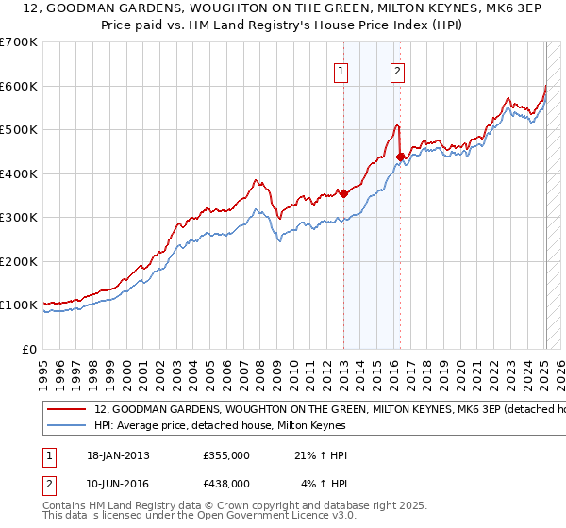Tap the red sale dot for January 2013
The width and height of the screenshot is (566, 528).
pyautogui.click(x=343, y=193)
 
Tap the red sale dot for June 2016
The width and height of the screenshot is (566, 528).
pyautogui.click(x=401, y=157)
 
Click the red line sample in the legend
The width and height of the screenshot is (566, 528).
pyautogui.click(x=67, y=410)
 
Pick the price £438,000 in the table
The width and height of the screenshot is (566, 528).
pyautogui.click(x=225, y=483)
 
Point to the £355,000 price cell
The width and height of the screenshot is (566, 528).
pyautogui.click(x=225, y=455)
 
